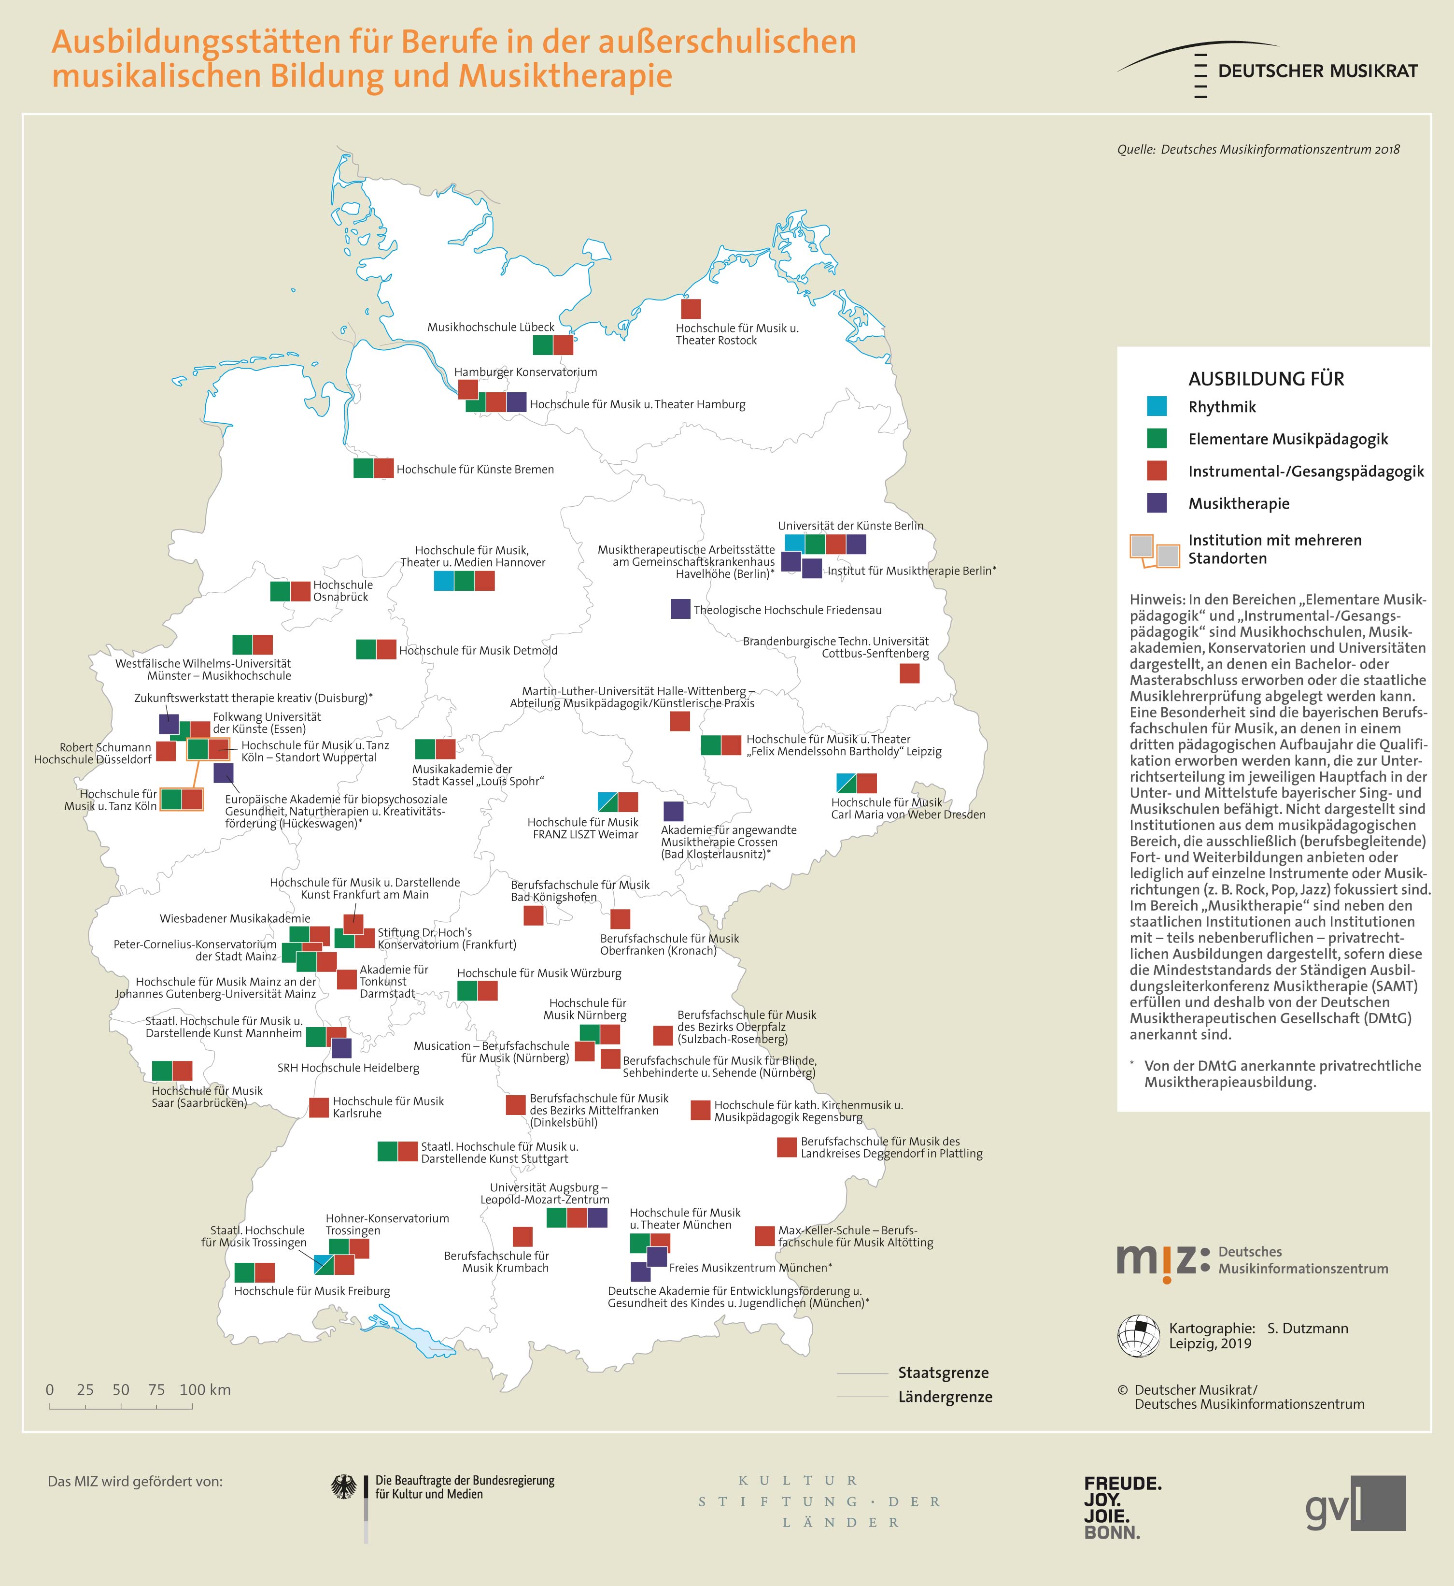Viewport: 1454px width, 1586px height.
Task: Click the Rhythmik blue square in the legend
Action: click(x=1156, y=407)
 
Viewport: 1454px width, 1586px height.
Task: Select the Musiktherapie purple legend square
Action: click(x=1156, y=503)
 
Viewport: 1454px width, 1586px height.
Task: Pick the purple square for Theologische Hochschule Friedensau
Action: click(x=680, y=608)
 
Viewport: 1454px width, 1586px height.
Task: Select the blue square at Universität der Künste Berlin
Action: click(x=795, y=543)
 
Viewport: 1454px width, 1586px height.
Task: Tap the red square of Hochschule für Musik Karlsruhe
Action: click(x=319, y=1107)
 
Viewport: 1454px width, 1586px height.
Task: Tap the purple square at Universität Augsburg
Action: click(x=597, y=1217)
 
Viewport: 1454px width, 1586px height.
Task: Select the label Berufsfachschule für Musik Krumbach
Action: click(x=496, y=1262)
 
